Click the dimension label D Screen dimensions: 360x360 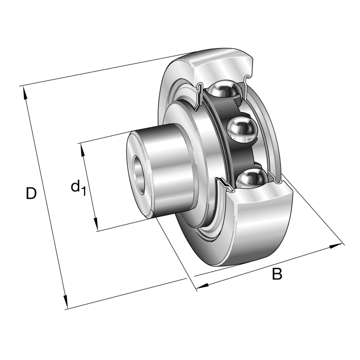point(31,193)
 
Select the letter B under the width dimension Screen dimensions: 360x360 point(277,274)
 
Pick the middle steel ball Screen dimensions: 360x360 point(241,130)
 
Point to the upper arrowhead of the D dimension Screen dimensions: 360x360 point(25,92)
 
